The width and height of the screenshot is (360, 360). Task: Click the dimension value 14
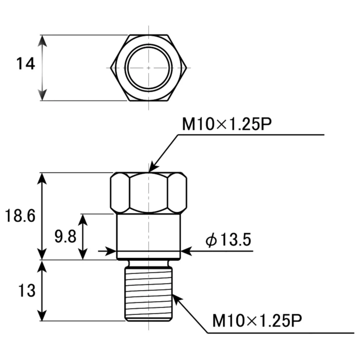tap(26, 64)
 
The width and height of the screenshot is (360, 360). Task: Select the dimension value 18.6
tap(20, 216)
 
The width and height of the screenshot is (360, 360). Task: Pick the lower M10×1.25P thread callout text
tap(257, 320)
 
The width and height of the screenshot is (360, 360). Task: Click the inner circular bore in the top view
tap(148, 68)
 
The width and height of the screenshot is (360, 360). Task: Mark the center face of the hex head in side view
tap(148, 192)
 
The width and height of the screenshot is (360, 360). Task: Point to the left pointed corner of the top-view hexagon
tap(112, 68)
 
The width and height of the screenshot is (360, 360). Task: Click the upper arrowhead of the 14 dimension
tap(43, 40)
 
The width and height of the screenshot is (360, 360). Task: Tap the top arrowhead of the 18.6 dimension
tap(43, 177)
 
